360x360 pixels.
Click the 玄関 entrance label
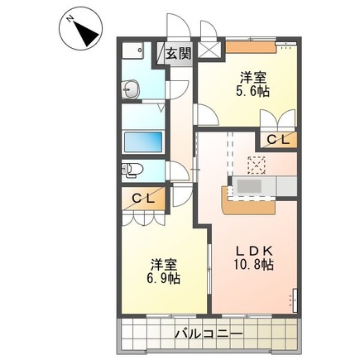click(x=178, y=53)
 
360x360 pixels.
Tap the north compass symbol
click(x=80, y=30)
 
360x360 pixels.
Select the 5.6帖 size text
click(x=252, y=91)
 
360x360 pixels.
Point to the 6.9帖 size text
click(x=163, y=278)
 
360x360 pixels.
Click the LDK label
click(x=254, y=251)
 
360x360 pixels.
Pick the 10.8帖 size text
click(x=254, y=265)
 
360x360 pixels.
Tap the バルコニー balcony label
click(x=209, y=334)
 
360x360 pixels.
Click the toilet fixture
click(x=132, y=170)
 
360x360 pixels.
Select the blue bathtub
click(x=143, y=142)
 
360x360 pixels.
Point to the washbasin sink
click(x=131, y=89)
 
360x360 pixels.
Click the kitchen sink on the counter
click(x=249, y=186)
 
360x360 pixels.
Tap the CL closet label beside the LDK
click(x=278, y=141)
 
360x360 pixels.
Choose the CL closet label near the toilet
click(x=143, y=198)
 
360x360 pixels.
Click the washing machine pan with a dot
click(x=132, y=50)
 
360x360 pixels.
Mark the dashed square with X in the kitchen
click(x=257, y=165)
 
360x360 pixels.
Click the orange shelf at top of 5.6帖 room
click(x=251, y=47)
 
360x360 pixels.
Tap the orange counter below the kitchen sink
click(x=248, y=204)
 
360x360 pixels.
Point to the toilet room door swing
click(x=178, y=171)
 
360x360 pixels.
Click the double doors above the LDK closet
click(x=278, y=118)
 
